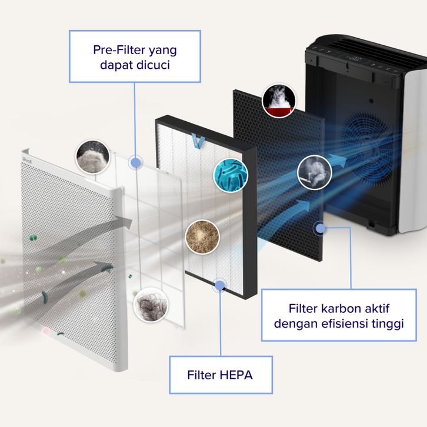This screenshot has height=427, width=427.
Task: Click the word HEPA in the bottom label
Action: click(236, 375)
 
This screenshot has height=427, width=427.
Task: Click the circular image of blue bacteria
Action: click(231, 175)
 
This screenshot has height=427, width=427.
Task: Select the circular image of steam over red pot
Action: click(279, 100)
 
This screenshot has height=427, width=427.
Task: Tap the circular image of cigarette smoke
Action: click(315, 172)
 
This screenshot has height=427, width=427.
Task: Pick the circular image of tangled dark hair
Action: click(151, 305)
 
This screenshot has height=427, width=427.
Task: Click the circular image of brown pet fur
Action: click(202, 236)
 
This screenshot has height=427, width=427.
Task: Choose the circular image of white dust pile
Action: click(92, 157)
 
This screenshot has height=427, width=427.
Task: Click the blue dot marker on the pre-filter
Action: click(135, 162)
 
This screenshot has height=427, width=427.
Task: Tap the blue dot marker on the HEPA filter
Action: click(219, 285)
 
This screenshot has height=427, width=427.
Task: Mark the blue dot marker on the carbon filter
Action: click(321, 228)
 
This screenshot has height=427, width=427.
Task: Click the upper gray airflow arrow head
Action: click(124, 222)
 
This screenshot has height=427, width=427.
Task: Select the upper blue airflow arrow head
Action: click(337, 161)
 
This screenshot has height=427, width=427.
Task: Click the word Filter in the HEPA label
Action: click(202, 375)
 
